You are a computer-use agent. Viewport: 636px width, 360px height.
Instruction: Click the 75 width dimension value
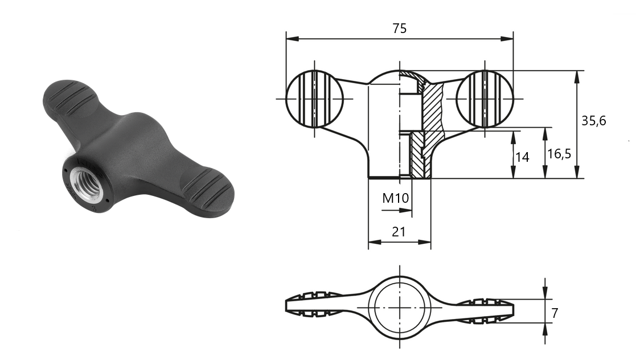(399, 28)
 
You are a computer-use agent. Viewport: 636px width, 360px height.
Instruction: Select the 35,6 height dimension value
(593, 121)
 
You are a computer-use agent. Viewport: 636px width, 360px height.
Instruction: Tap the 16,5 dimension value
(559, 154)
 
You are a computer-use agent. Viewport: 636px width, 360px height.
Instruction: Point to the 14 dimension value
(522, 157)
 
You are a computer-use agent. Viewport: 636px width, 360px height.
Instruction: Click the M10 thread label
(396, 198)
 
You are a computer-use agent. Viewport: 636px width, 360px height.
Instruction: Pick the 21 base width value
(399, 232)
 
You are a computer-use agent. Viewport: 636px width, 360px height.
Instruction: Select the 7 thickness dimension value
(555, 313)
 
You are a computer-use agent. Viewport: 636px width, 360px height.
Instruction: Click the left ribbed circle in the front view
(314, 99)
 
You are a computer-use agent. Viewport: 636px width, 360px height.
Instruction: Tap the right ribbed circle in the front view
(485, 99)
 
